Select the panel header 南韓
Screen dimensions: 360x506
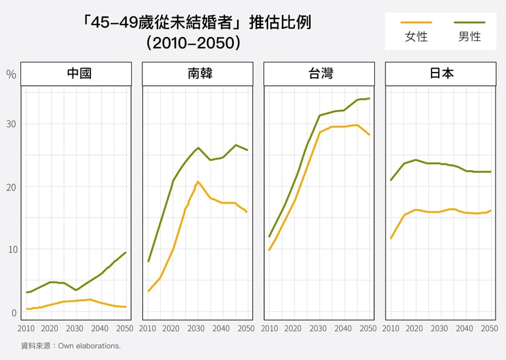[x=198, y=73]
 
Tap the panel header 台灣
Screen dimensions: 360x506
[x=319, y=73]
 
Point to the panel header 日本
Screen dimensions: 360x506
[x=441, y=73]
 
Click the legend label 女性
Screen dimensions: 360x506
[x=416, y=37]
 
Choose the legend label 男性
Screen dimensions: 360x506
[x=470, y=37]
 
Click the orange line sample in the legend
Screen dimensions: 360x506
[x=416, y=22]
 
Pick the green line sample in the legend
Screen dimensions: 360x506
[x=470, y=22]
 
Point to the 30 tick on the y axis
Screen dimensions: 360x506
[x=11, y=124]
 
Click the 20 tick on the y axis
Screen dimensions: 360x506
[x=11, y=187]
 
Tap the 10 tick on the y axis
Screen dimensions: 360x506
[x=11, y=249]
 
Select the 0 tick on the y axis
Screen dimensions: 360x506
[x=13, y=312]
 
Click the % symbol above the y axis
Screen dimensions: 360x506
[x=11, y=74]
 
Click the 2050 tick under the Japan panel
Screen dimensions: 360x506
[x=490, y=328]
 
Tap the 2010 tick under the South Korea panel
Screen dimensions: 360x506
[x=148, y=328]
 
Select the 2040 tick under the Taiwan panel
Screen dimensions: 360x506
[x=343, y=328]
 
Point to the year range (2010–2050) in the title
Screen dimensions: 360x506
[x=192, y=43]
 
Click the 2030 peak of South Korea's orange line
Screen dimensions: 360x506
[x=198, y=181]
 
